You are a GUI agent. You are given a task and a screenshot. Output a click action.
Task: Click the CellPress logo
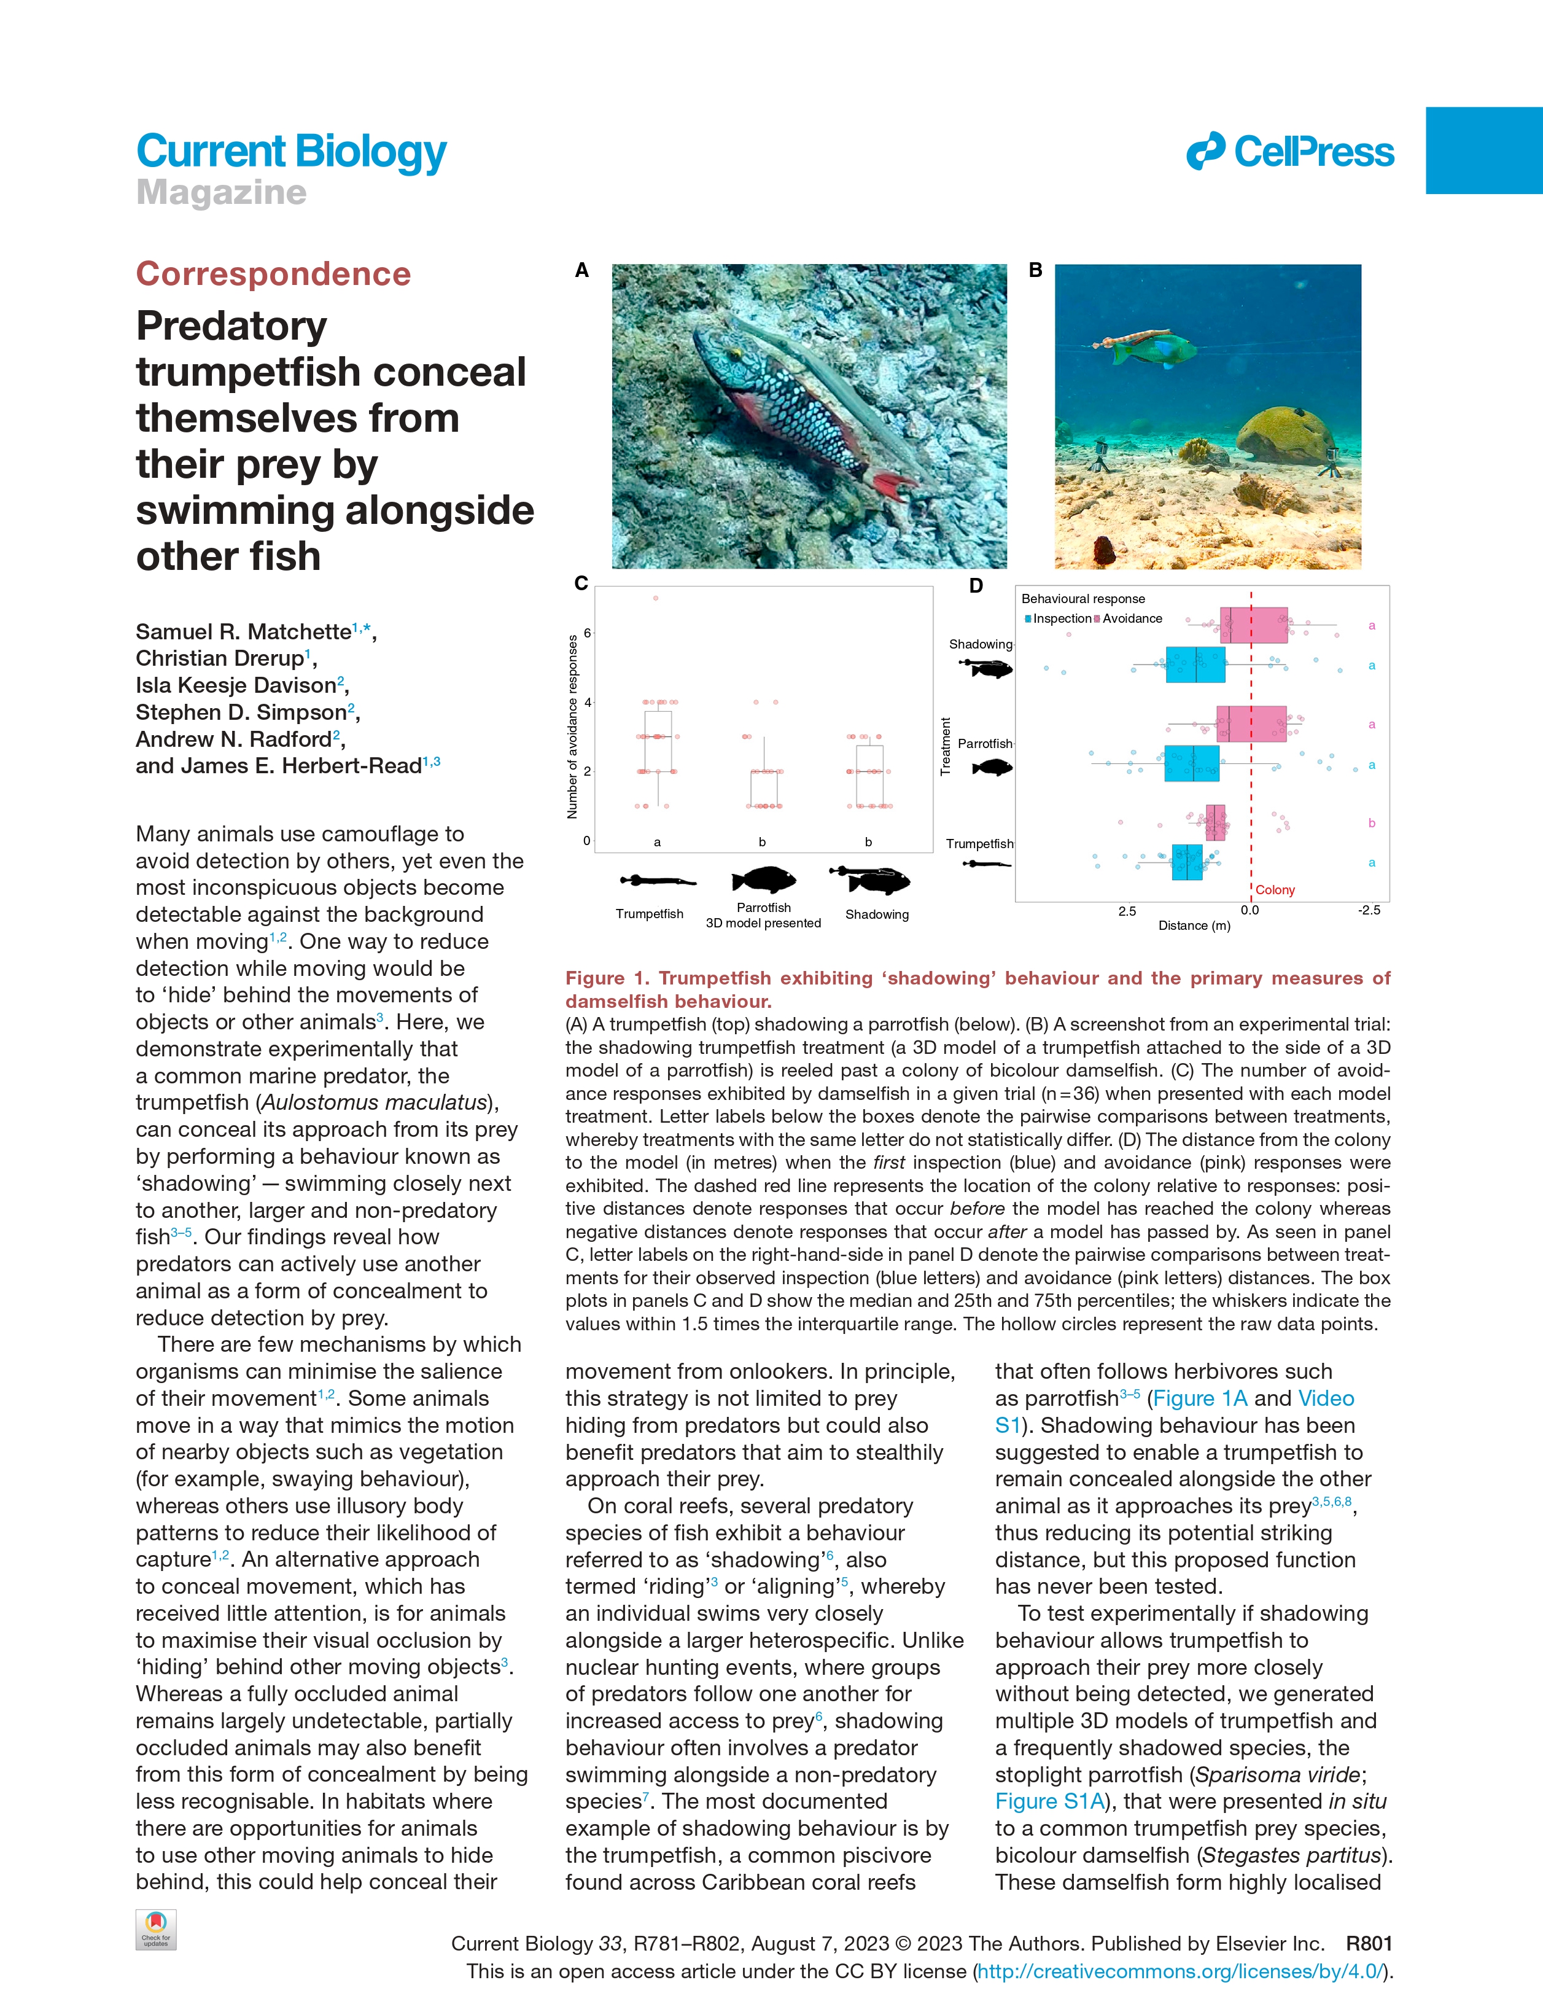(x=1290, y=152)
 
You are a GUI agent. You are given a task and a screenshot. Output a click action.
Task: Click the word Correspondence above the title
(x=273, y=273)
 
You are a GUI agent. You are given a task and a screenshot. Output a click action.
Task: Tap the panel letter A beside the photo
(x=581, y=271)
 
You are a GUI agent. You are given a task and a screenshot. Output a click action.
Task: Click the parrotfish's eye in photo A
(x=733, y=353)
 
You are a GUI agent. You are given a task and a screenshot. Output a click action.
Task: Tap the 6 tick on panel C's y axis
(x=587, y=633)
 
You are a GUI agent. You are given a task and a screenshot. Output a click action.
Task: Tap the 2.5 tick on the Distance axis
(x=1127, y=911)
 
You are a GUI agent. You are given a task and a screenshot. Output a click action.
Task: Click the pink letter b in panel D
(x=1372, y=823)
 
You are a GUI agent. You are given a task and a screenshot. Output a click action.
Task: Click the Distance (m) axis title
(x=1194, y=926)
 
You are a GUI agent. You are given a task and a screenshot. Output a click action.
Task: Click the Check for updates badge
(x=156, y=1928)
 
